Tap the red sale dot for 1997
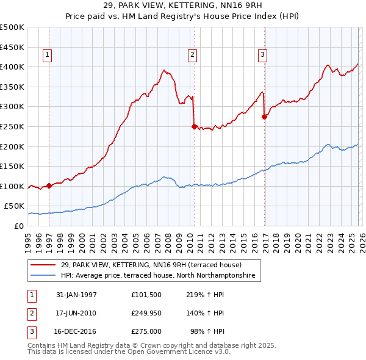point(49,186)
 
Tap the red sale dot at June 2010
point(194,127)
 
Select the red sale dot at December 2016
point(264,117)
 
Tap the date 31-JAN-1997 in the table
point(76,295)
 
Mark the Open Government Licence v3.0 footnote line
point(120,353)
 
